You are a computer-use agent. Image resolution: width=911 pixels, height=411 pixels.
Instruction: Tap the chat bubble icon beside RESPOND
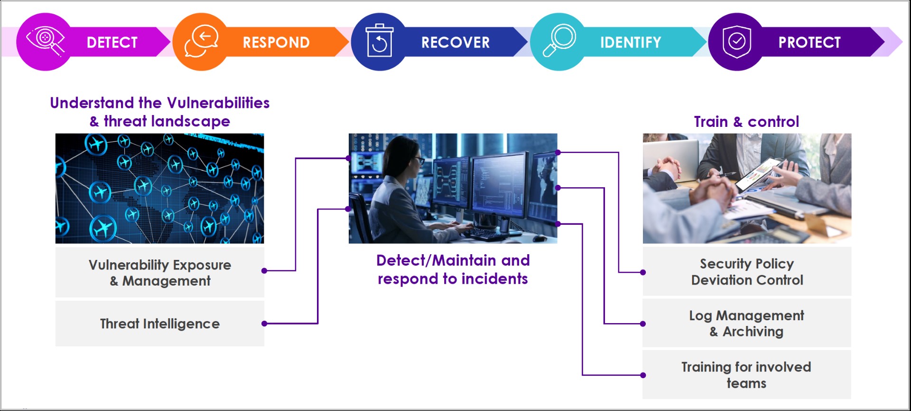pos(201,41)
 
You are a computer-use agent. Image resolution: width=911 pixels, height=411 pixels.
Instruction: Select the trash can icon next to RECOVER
pos(379,40)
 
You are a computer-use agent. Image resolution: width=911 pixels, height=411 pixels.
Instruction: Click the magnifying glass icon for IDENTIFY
pos(559,40)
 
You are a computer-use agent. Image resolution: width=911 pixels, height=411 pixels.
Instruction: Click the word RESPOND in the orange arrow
pos(276,42)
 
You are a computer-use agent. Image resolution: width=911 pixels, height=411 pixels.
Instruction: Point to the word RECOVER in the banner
pos(455,42)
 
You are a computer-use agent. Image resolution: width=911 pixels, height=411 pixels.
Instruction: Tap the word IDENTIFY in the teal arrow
pos(631,42)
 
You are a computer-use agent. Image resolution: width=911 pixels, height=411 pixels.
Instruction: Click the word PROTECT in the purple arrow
pos(809,42)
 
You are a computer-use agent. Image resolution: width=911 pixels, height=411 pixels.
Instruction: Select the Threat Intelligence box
pos(160,324)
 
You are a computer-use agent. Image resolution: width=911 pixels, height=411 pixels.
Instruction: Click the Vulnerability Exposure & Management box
pos(160,272)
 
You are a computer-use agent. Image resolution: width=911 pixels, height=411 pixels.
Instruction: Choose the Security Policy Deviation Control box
pos(747,271)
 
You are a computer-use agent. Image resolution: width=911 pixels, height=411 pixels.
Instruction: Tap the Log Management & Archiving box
pos(747,323)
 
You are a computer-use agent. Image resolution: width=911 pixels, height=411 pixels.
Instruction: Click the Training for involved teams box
pos(747,375)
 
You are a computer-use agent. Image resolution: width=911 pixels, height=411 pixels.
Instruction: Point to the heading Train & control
pos(746,122)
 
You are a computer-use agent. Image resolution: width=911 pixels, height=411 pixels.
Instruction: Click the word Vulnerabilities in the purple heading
pos(218,103)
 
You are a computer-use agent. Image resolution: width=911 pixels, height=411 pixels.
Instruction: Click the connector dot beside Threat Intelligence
pos(264,324)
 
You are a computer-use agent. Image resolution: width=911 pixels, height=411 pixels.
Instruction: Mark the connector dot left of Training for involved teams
pos(643,375)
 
